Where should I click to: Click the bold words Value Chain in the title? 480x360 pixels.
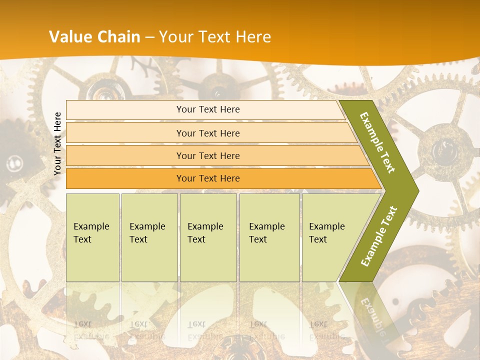[94, 37]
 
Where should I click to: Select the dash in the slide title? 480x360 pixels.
[149, 37]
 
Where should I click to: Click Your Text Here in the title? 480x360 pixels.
[215, 37]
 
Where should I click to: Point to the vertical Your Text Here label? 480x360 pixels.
[57, 143]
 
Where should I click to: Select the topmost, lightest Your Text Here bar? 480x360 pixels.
[207, 109]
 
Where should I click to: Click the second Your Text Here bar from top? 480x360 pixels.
[207, 133]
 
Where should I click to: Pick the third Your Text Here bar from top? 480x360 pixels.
[207, 155]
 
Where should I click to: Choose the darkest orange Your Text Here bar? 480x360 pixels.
[207, 178]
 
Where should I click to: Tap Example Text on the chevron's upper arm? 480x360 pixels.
[378, 142]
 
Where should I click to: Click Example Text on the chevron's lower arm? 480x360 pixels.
[378, 236]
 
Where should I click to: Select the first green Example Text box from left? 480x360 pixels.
[92, 237]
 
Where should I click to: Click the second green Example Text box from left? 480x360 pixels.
[149, 237]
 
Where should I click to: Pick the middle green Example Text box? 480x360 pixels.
[208, 237]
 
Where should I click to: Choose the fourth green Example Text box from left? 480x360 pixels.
[269, 237]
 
